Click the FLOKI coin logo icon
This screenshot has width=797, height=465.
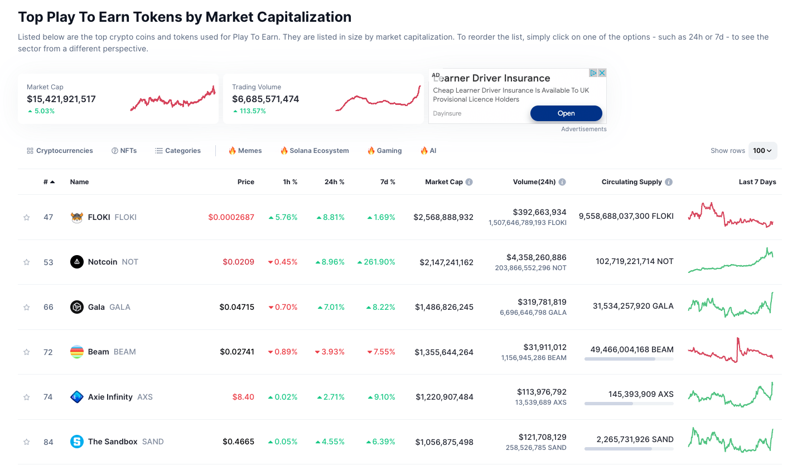point(77,217)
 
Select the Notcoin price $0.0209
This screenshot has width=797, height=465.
point(238,262)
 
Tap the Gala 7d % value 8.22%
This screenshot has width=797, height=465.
point(381,307)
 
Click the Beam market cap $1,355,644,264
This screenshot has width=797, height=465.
point(444,352)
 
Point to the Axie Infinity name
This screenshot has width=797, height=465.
point(110,397)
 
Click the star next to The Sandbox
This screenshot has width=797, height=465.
point(26,442)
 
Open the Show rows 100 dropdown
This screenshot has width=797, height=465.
point(762,151)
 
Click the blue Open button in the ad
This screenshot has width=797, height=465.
point(566,113)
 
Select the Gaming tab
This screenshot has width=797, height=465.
point(384,151)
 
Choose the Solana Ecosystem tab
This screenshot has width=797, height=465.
point(315,151)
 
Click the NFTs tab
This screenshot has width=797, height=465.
point(124,151)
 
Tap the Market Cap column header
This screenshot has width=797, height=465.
point(443,182)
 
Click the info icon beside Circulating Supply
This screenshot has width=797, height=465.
point(669,182)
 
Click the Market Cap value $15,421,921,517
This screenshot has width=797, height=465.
point(61,99)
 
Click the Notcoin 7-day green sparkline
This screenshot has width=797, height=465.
point(731,261)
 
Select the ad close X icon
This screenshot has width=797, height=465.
point(602,73)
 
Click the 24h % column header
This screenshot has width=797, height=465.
point(334,182)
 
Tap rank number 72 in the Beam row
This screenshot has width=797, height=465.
point(48,352)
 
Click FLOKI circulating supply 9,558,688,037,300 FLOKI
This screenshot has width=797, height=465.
point(626,216)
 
